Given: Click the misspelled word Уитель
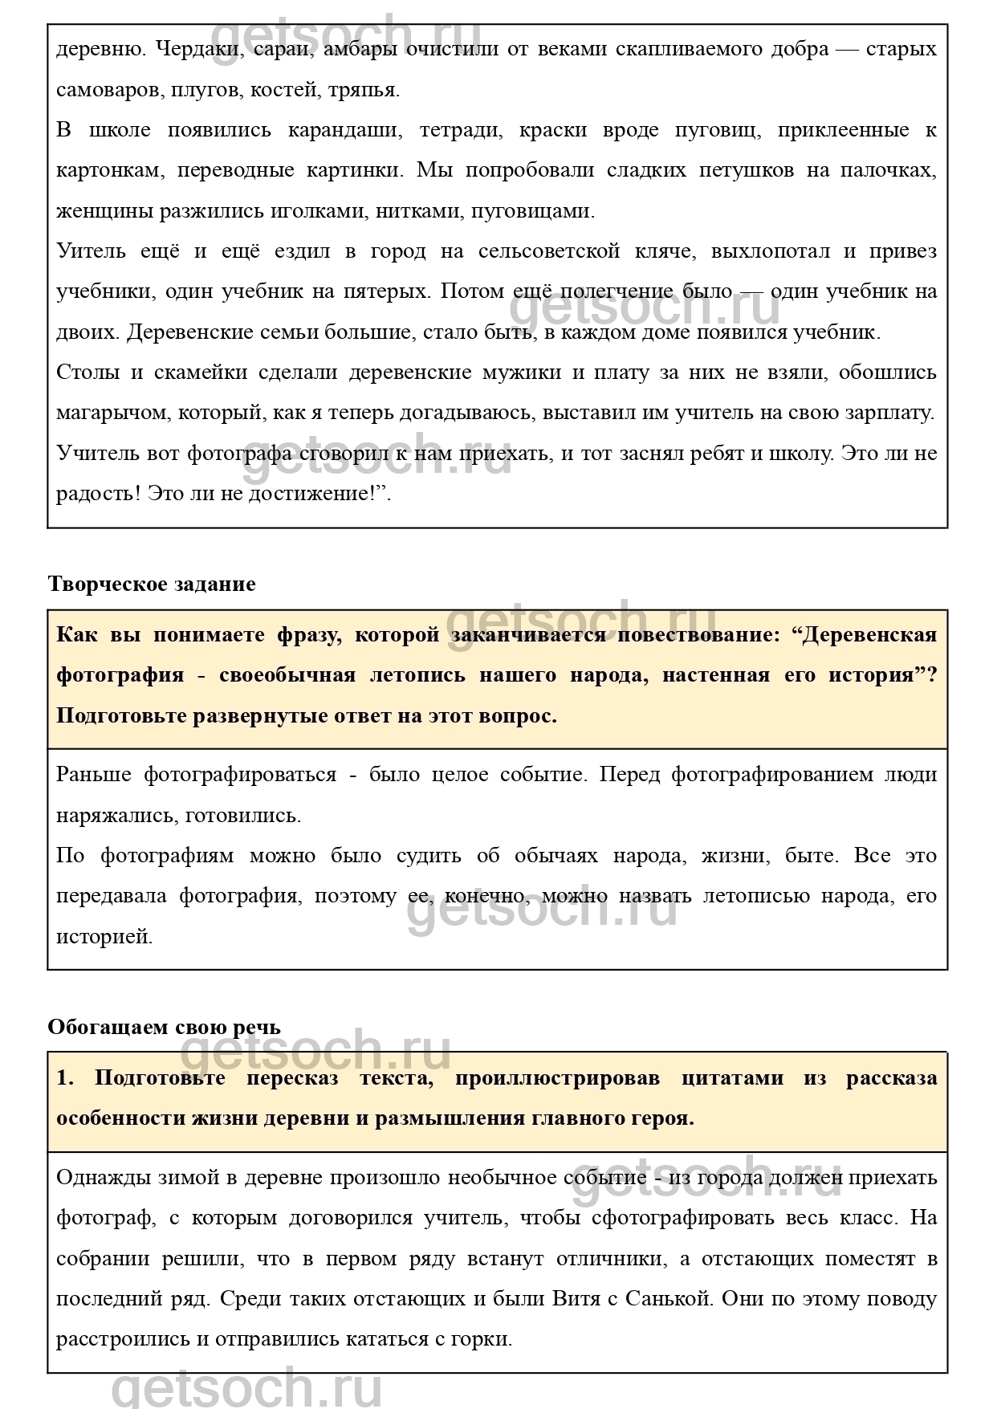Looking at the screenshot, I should [91, 251].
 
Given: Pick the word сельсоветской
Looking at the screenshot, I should [549, 251].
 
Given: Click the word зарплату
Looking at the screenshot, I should [886, 413].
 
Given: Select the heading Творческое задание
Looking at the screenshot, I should [152, 584].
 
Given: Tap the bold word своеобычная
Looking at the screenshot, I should [287, 675].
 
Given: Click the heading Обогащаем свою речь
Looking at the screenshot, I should [164, 1028].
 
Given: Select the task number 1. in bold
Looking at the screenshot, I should [64, 1078].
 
